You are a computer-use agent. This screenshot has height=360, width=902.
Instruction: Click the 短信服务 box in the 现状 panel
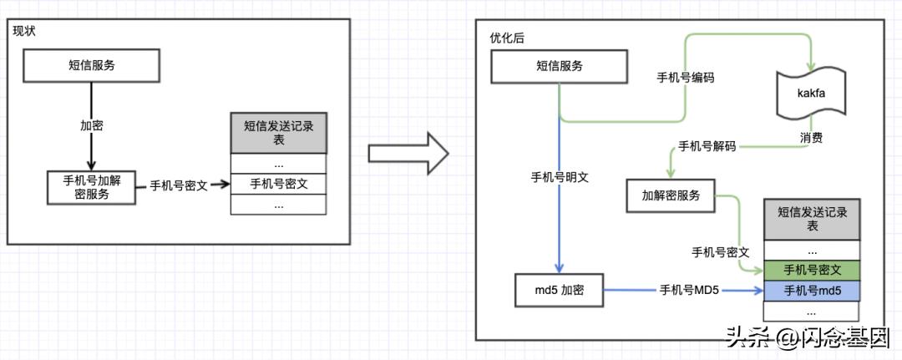click(x=92, y=65)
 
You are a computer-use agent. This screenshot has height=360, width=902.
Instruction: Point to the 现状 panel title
click(x=24, y=31)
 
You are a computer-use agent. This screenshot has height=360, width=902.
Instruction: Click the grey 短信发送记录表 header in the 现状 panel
click(x=279, y=133)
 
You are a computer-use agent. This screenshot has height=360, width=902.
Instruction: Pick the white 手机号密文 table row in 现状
click(x=279, y=184)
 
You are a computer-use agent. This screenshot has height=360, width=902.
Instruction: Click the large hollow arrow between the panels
click(x=408, y=154)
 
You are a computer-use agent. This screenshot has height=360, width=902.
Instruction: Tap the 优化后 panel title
click(x=505, y=38)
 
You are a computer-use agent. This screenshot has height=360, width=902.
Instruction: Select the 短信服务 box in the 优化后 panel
click(x=560, y=66)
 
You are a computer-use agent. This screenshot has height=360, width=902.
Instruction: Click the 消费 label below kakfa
click(x=810, y=136)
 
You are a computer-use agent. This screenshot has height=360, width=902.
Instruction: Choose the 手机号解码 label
click(x=707, y=146)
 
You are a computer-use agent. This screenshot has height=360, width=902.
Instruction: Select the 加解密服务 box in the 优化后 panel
click(x=670, y=196)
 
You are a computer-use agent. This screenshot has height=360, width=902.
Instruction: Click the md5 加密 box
click(x=560, y=291)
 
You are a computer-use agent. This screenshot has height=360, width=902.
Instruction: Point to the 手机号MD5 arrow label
click(x=688, y=291)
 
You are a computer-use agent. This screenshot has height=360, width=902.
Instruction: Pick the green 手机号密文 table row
click(x=812, y=271)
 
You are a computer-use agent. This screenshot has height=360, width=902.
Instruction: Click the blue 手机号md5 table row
click(x=812, y=291)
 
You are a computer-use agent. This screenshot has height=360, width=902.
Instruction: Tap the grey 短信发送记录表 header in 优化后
click(x=812, y=219)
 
